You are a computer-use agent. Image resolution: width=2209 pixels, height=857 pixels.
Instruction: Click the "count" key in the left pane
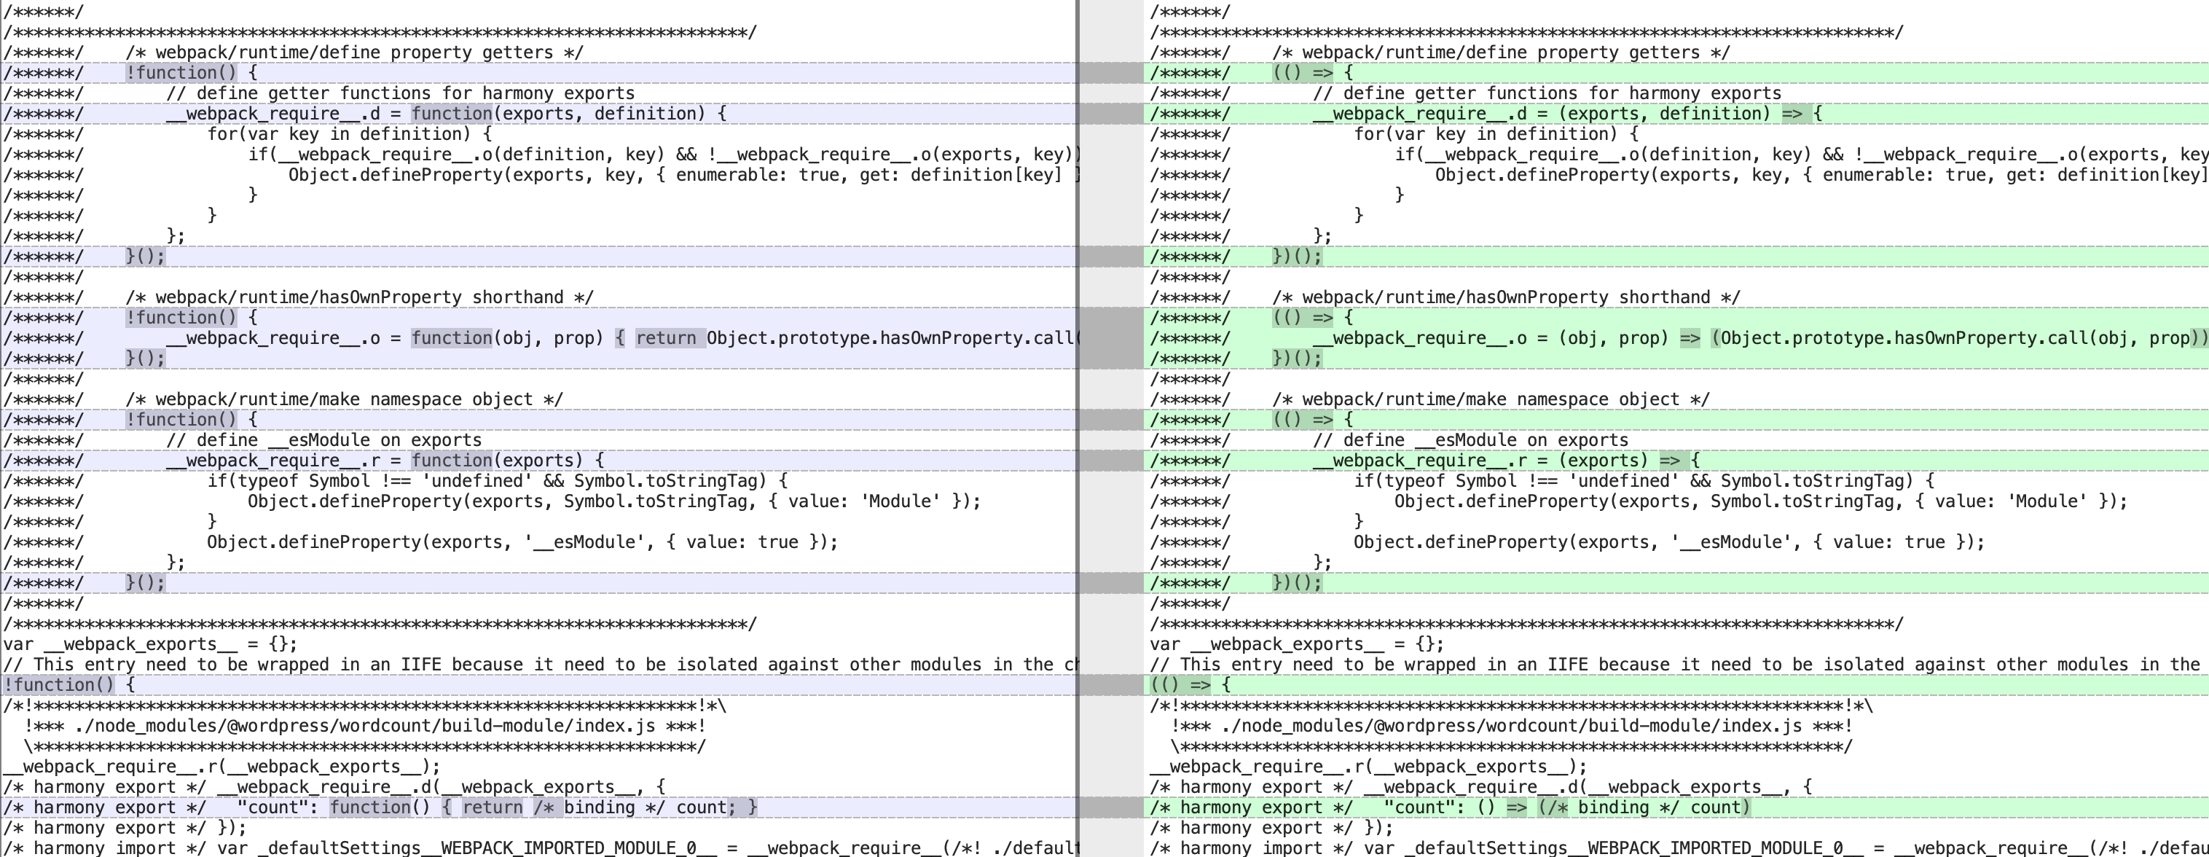(x=272, y=808)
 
